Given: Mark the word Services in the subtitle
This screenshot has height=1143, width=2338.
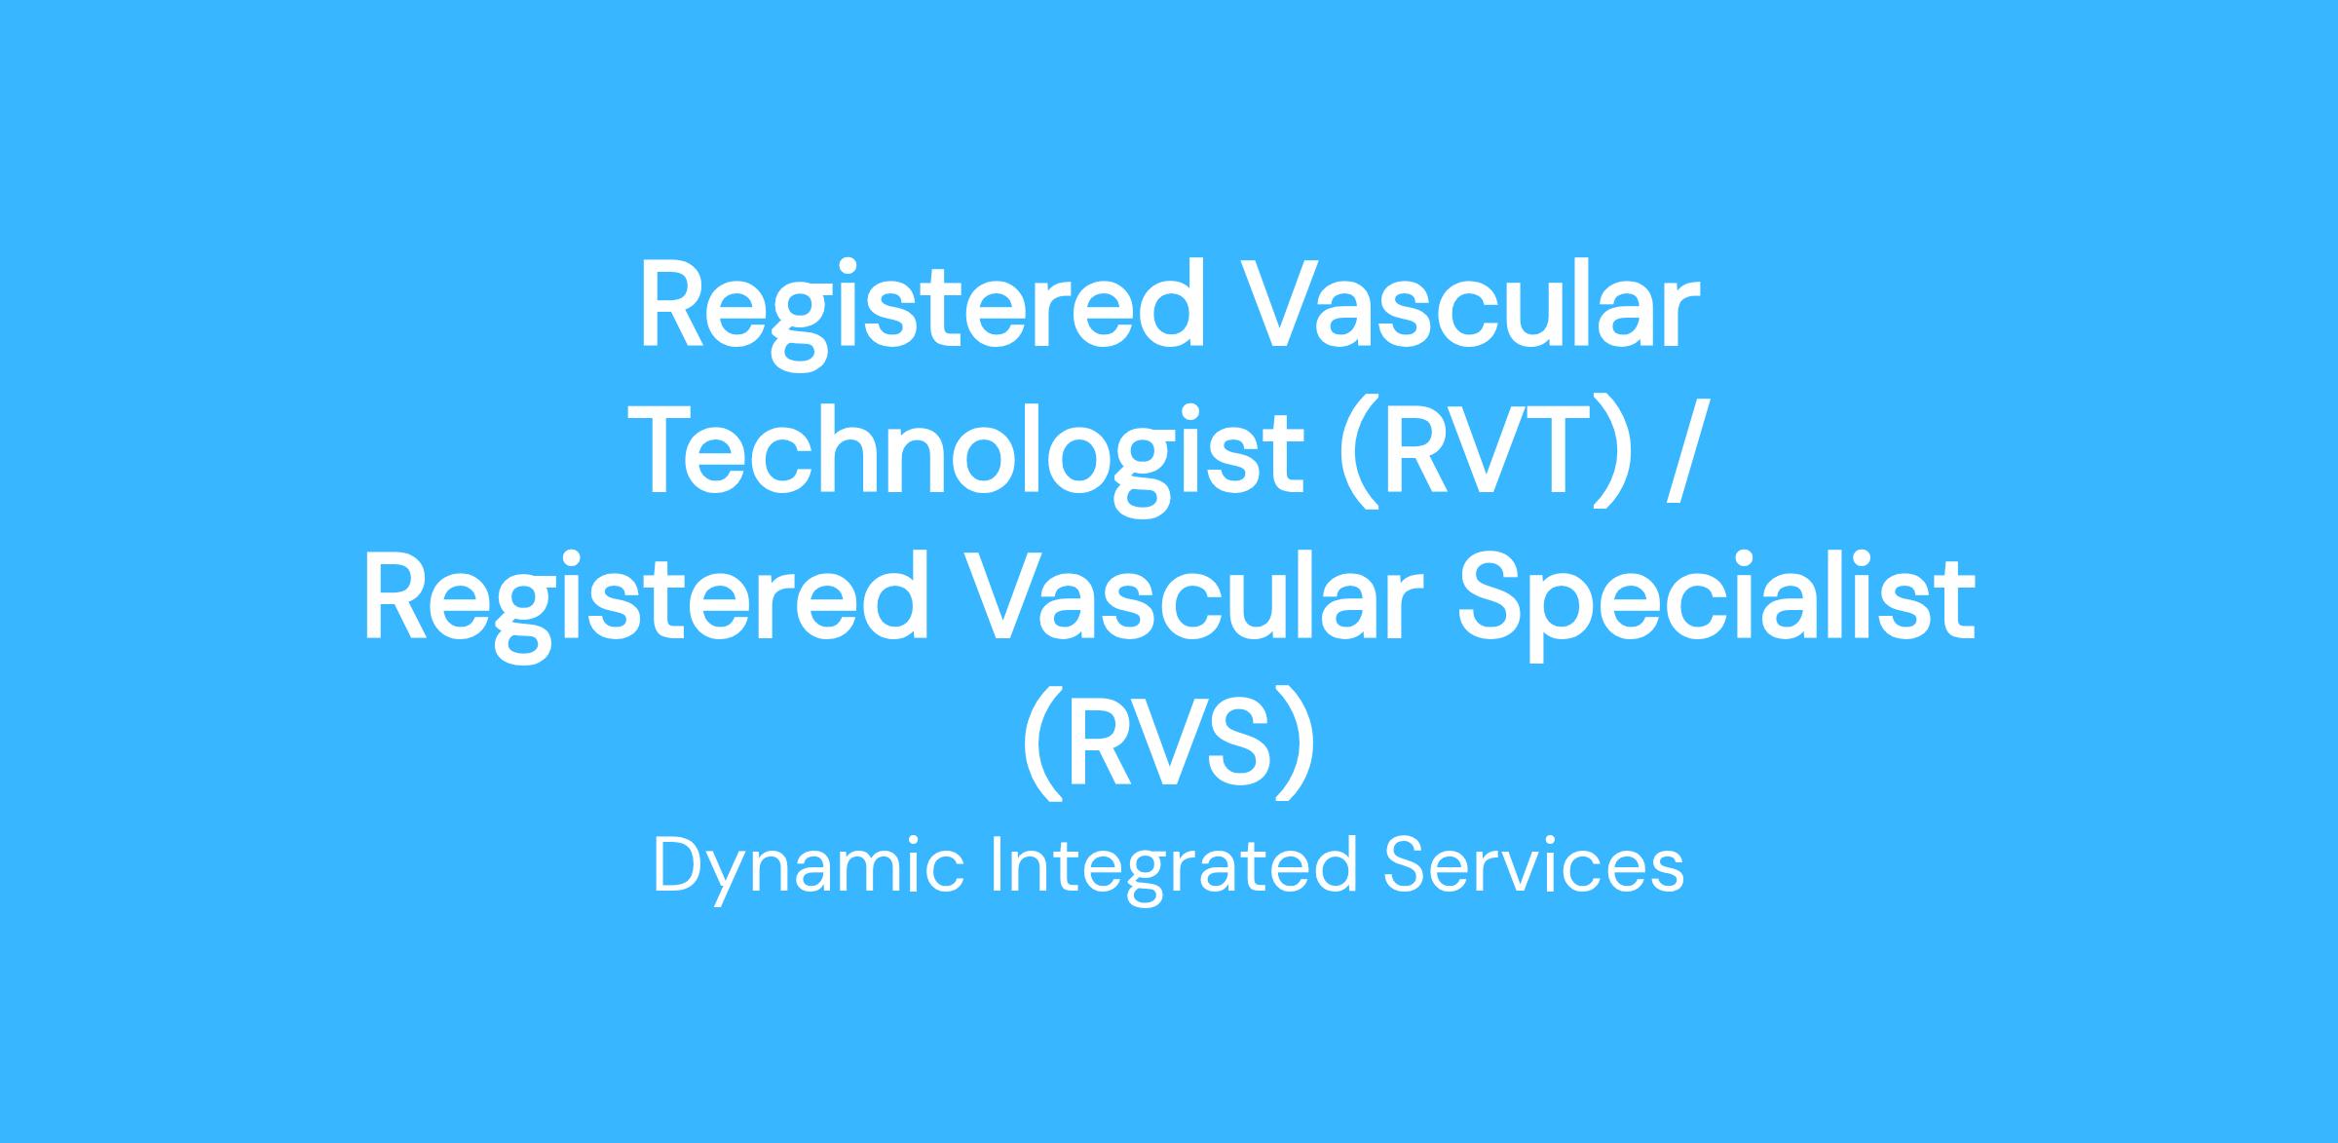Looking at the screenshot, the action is tap(1533, 865).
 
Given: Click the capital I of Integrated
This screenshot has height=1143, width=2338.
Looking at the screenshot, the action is tap(997, 865).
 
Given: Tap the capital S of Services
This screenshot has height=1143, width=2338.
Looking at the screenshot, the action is tap(1404, 865).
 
